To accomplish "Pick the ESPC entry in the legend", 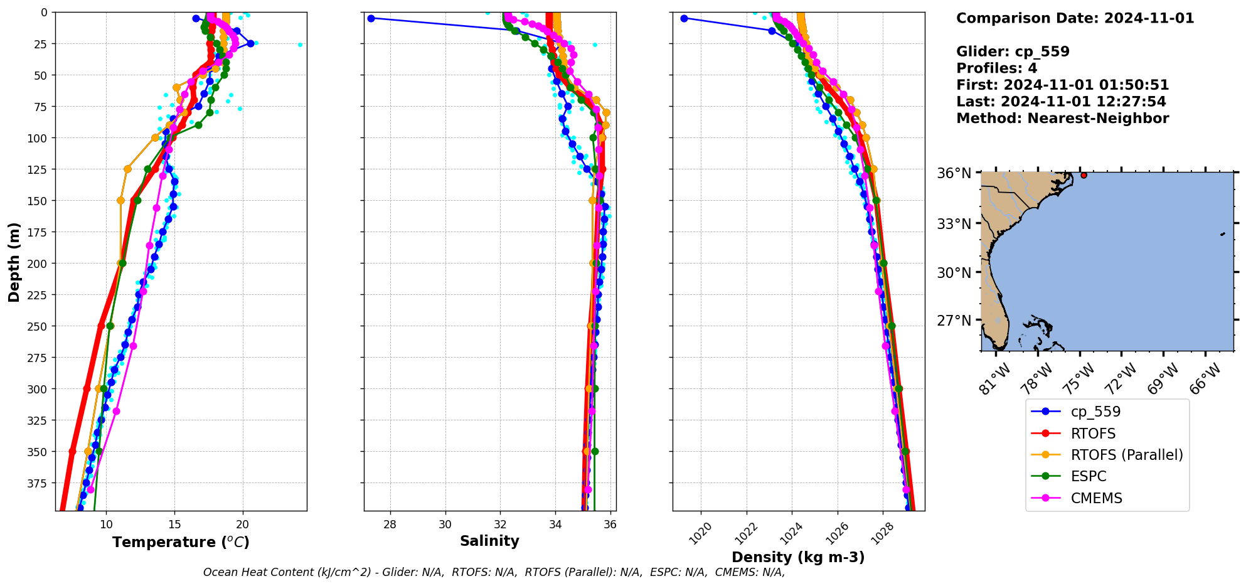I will point(1089,476).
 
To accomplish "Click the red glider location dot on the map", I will point(1084,175).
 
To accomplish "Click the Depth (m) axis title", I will point(14,262).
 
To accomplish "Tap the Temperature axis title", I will point(181,542).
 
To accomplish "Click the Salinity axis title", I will point(489,541).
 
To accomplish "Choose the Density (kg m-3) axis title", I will point(798,557).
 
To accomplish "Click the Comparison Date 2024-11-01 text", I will point(1075,18).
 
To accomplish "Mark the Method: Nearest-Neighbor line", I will point(1062,119).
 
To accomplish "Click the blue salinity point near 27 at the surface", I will point(371,18).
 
